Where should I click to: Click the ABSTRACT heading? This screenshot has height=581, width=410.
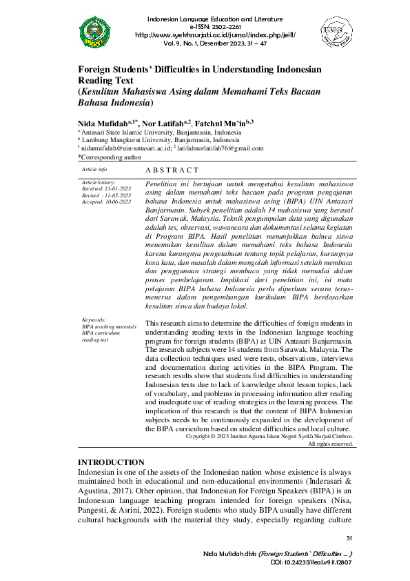click(172, 170)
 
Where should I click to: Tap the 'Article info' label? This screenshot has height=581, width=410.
click(94, 169)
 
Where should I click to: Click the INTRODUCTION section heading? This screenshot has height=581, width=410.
click(111, 462)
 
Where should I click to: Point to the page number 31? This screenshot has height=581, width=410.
click(349, 538)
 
